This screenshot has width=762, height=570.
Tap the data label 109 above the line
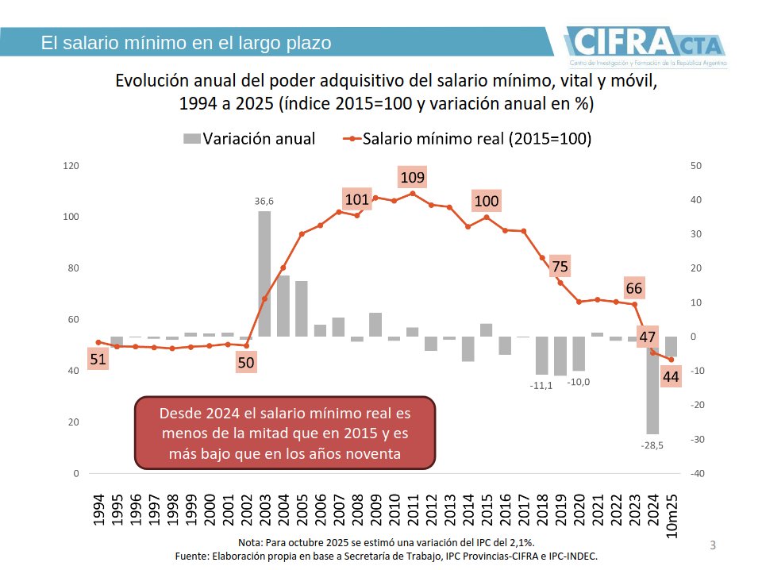[x=411, y=177]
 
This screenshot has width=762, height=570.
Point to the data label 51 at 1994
[x=98, y=359]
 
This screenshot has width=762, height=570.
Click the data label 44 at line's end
[x=671, y=376]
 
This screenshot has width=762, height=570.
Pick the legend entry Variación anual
[x=249, y=139]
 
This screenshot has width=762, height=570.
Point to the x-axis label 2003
[x=264, y=510]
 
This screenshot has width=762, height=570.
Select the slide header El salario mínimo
[x=186, y=43]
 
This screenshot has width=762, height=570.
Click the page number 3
[x=712, y=545]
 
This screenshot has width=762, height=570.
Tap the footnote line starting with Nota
[x=387, y=541]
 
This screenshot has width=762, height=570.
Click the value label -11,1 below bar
[x=541, y=386]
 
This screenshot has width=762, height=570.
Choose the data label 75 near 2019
[x=560, y=267]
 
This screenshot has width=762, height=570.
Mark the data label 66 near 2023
[x=633, y=288]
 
